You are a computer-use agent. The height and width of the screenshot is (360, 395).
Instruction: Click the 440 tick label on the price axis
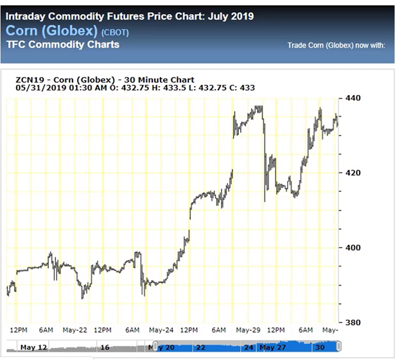pos(353,98)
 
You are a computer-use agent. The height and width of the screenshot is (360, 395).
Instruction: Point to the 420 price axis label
pos(353,173)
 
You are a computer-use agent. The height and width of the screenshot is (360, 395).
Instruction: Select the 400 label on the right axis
pos(353,248)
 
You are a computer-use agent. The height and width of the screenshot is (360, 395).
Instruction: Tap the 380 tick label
pos(353,322)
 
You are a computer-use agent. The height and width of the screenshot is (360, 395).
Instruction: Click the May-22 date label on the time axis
pos(75,330)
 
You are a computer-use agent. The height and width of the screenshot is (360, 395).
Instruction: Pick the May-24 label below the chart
pos(161,330)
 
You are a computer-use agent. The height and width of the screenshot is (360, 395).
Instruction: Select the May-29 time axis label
pos(247,330)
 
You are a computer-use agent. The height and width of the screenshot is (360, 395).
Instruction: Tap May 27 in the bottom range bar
pos(273,347)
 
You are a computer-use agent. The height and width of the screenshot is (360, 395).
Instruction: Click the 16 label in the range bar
pos(105,347)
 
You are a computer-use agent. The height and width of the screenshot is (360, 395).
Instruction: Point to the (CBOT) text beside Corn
pos(116,31)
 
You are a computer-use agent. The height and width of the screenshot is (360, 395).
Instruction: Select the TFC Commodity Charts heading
pos(62,45)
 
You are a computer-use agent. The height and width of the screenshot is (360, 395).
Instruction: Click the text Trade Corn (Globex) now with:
pos(336,46)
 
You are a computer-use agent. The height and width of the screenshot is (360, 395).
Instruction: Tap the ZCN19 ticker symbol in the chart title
pos(30,79)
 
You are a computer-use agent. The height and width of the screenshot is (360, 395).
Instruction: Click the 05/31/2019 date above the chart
pos(40,88)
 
